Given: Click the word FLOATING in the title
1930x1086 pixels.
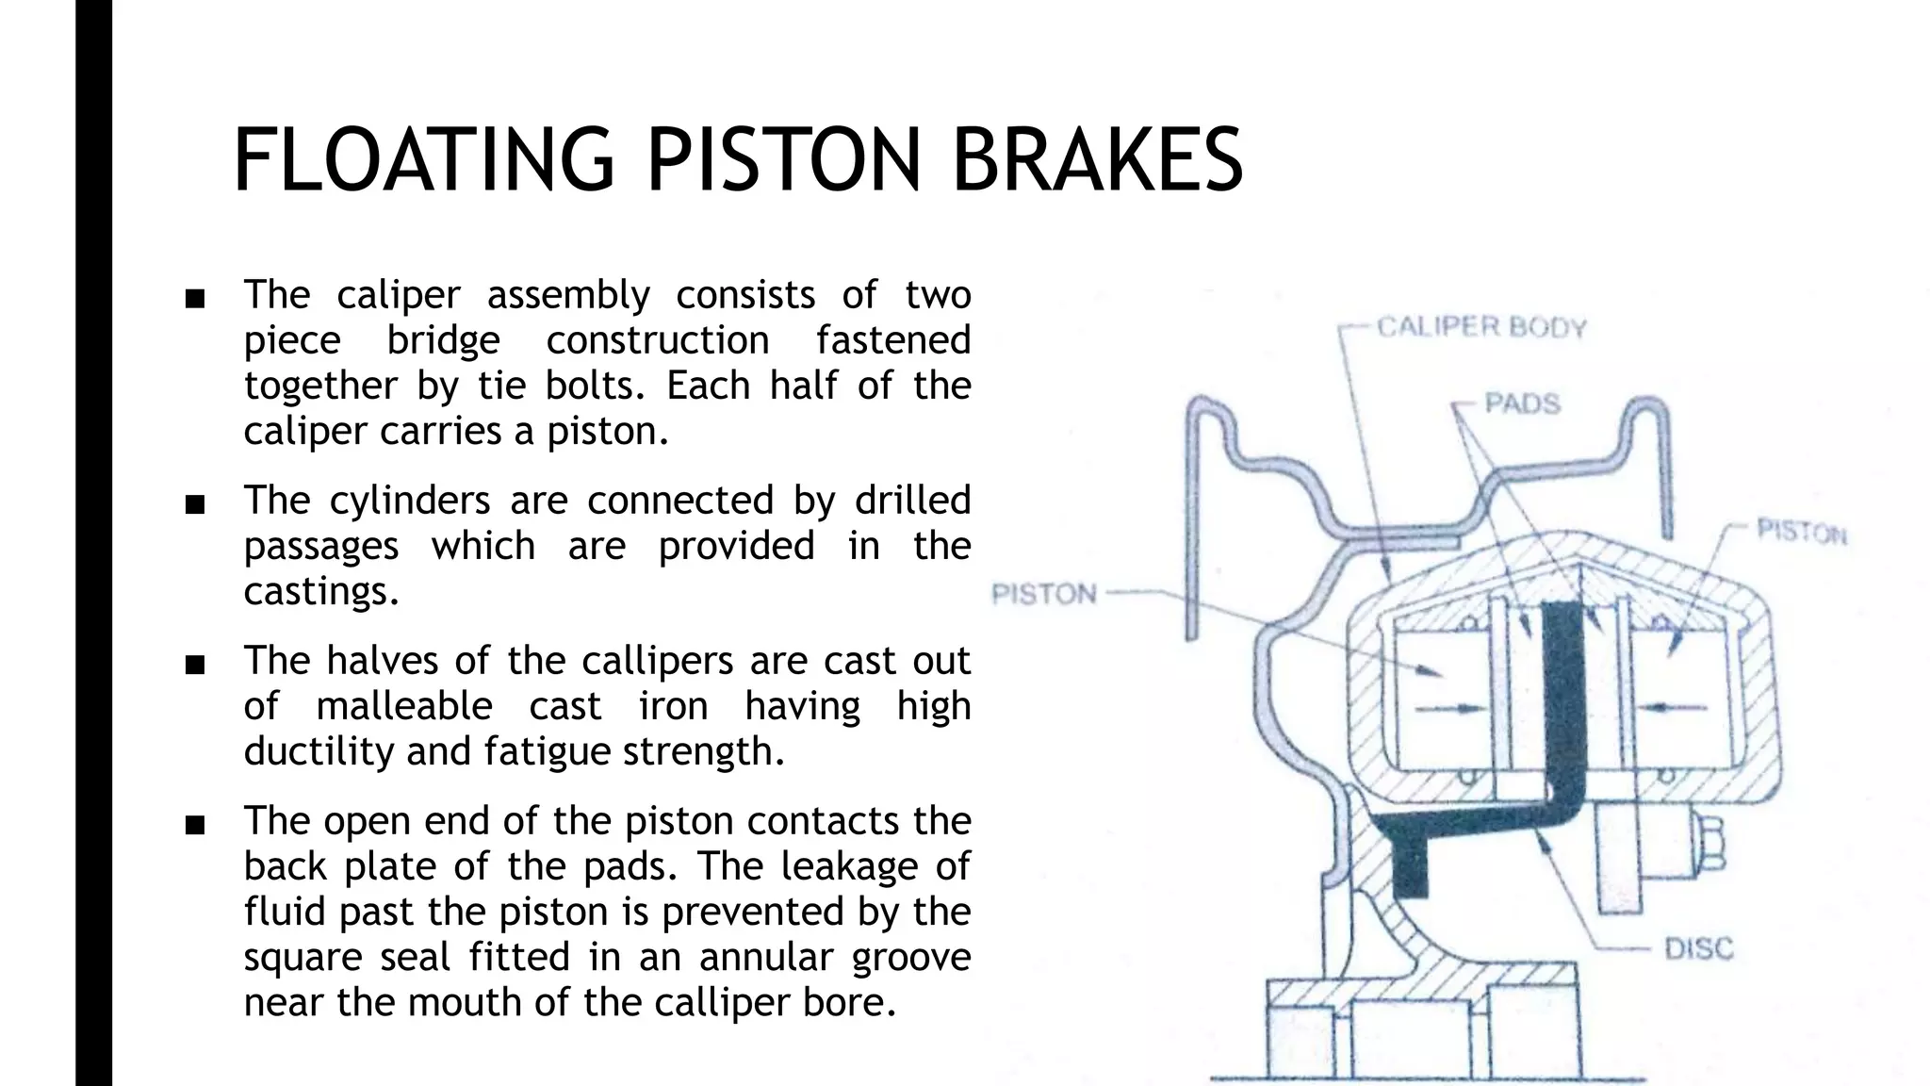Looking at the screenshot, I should point(423,160).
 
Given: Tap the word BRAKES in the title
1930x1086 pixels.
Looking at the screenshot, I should point(1097,160).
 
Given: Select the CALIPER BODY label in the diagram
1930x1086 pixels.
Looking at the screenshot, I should point(1481,328).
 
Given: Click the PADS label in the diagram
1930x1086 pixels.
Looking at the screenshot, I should point(1522,403).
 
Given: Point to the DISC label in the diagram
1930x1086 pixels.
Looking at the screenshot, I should point(1698,948).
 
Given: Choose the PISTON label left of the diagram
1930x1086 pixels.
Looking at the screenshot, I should point(1044,595).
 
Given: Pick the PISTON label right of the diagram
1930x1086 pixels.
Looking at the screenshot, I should point(1801,533).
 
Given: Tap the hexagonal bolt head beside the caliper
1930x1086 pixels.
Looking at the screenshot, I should point(1712,843).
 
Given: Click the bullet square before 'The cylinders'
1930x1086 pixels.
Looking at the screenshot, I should point(195,505).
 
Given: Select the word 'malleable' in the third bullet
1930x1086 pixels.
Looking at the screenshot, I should point(403,706).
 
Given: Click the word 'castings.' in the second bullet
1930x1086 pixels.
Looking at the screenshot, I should point(321,591).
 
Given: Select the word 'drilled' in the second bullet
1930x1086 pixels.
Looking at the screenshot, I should point(911,501).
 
